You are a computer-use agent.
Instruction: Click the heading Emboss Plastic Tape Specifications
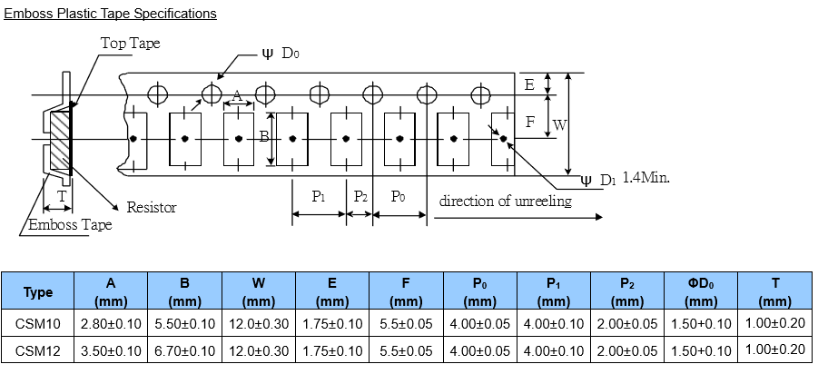111,14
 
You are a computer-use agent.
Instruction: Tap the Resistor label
152,208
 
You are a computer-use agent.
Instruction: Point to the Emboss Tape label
71,224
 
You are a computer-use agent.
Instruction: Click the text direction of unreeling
506,201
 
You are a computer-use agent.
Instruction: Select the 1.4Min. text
646,178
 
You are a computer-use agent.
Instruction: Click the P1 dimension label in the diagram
319,196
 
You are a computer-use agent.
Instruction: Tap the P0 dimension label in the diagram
398,196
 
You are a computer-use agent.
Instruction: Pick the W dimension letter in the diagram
560,125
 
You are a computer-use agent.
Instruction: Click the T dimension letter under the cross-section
62,196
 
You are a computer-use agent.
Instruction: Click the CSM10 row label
38,323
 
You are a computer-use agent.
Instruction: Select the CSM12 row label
38,349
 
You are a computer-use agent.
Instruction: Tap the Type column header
38,292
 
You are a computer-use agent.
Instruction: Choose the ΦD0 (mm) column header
701,292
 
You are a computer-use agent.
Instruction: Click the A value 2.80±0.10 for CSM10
111,323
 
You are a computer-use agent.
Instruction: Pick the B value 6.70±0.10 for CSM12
185,349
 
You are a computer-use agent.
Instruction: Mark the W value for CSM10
259,323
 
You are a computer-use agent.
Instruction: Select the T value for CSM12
774,349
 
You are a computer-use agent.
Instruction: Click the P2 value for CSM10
627,323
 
